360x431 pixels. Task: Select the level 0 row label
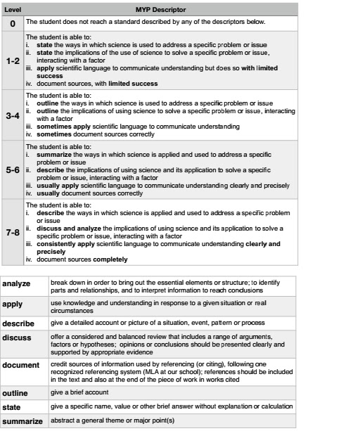(12, 23)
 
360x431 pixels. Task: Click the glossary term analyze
(17, 283)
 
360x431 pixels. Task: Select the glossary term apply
(13, 304)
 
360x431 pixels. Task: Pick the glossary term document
(20, 366)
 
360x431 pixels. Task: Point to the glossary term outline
(15, 393)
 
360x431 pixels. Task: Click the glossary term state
(12, 407)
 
